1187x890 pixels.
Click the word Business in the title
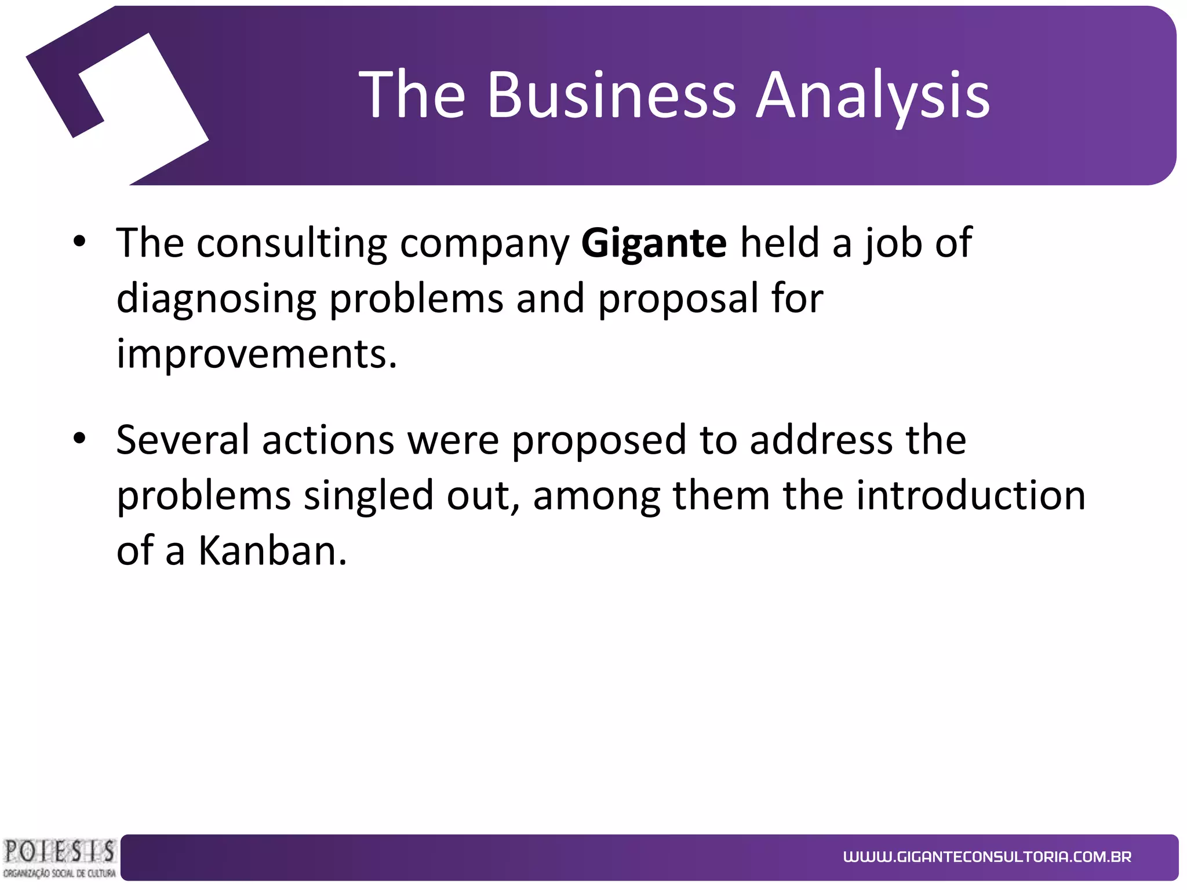point(611,94)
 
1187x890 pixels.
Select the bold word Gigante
point(653,243)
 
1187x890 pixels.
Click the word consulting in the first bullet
point(292,244)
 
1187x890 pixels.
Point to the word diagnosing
point(216,300)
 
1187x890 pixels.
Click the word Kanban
point(272,550)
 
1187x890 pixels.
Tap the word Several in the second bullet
point(183,440)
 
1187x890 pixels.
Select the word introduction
point(971,495)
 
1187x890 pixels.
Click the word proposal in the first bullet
point(678,300)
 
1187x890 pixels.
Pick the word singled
point(369,497)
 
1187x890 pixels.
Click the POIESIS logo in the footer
point(59,858)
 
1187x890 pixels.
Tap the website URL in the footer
point(987,857)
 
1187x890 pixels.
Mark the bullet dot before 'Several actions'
point(80,438)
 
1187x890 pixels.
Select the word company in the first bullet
point(485,244)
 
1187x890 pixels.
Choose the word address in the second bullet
point(821,440)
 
